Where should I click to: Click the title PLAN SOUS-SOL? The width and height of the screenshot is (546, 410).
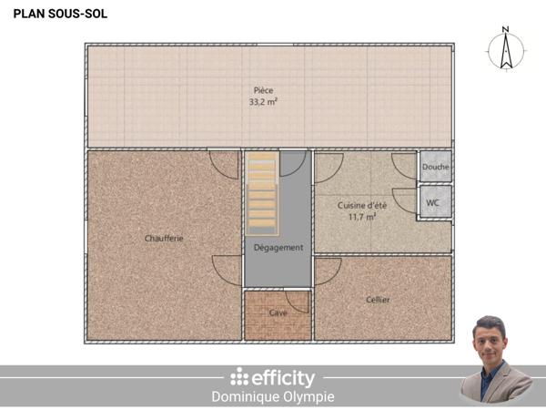coord(53,15)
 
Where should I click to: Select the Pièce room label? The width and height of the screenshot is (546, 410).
coord(264,90)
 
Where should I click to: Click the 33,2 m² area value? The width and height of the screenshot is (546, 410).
coord(264,103)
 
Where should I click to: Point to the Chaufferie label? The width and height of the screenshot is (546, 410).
coord(164,238)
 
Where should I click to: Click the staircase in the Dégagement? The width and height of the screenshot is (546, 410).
coord(261,191)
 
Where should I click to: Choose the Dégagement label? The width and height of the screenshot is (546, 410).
coord(278,247)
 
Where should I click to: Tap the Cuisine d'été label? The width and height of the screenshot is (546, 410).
coord(363,205)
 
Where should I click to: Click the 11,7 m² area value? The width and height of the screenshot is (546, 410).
coord(363,217)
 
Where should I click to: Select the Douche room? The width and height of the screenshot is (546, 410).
coord(436,168)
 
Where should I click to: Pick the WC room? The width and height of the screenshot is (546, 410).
coord(433,202)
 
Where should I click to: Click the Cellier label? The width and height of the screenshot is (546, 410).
coord(378,299)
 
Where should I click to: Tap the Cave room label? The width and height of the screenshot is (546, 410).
coord(278,313)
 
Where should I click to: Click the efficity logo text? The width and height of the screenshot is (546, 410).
coord(283,377)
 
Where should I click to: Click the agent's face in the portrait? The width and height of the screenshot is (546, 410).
coord(490,339)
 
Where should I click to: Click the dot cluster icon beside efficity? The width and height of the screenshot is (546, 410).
coord(238,377)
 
